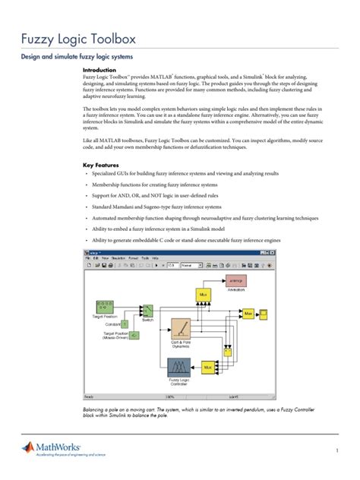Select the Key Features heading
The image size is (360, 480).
tap(105, 164)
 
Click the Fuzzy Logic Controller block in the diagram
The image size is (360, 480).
tap(179, 368)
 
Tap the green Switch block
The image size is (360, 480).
tap(147, 311)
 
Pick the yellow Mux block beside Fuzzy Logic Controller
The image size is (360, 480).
tap(207, 368)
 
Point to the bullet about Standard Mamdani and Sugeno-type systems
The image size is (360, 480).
tap(156, 206)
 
